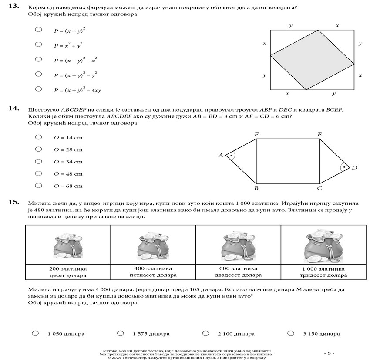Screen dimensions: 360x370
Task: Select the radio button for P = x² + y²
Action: pos(38,44)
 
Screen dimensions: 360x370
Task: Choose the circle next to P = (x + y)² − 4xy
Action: pos(38,89)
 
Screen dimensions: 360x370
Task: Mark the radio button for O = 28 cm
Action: pos(38,149)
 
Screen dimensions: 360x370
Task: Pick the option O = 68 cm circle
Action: pos(38,186)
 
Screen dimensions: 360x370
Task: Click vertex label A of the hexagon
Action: pos(221,155)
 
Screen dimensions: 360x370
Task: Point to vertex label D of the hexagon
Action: pos(354,168)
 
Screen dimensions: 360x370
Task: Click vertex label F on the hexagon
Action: pos(256,135)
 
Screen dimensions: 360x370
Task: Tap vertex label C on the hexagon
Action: pos(320,188)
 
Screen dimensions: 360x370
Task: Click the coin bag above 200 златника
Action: pos(68,246)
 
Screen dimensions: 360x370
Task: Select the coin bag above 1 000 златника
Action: pos(323,246)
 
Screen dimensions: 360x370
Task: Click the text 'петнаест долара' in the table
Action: pos(154,275)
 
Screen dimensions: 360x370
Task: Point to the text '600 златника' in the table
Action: pos(238,268)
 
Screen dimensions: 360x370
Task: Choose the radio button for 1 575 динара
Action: pos(121,333)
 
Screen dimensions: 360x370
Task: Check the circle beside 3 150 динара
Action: pos(291,333)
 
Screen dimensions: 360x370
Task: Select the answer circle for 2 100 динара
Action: pos(205,333)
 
